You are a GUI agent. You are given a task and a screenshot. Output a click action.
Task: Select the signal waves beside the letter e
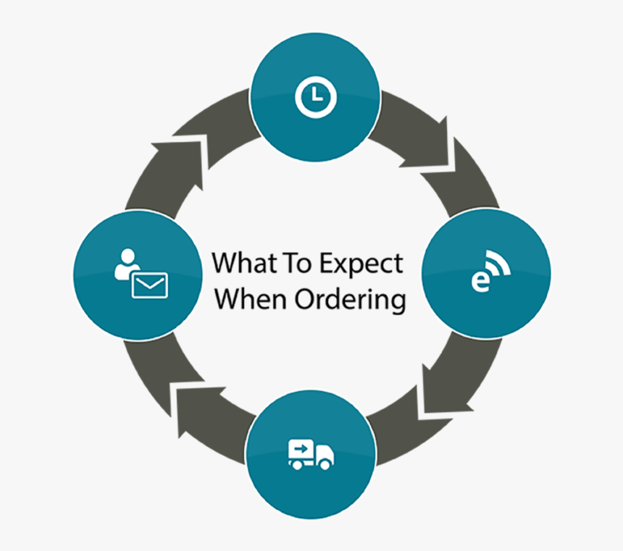(x=499, y=266)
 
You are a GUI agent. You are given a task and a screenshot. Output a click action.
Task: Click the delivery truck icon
(x=311, y=455)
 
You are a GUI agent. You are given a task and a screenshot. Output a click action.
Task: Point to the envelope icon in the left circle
(x=149, y=285)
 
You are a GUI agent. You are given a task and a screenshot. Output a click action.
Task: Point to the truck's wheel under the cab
(x=326, y=464)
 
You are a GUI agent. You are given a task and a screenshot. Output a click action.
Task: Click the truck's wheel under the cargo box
(x=296, y=464)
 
